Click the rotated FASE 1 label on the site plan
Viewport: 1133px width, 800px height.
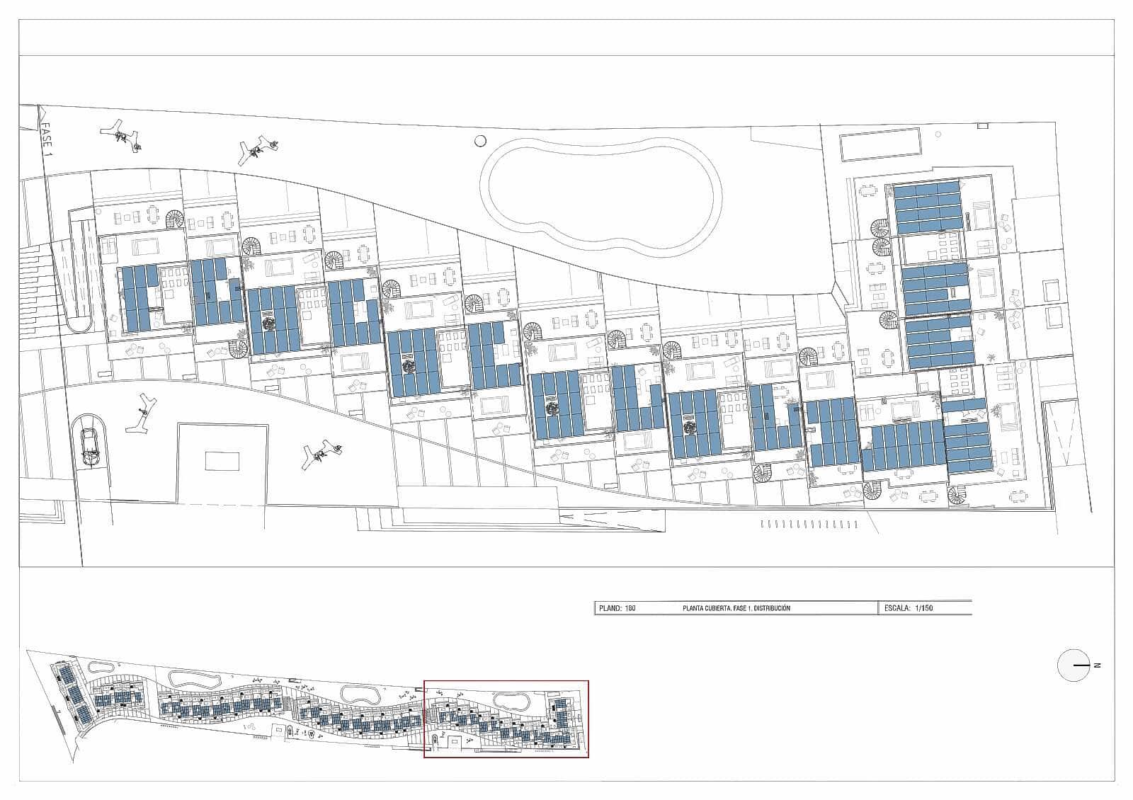point(47,139)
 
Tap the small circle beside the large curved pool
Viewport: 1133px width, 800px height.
point(481,141)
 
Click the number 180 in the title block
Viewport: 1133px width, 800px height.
point(630,608)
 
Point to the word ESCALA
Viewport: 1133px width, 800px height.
point(896,608)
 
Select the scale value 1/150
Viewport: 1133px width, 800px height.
point(924,608)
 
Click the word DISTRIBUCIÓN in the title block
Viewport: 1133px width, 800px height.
point(772,608)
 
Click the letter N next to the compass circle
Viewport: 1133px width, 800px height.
point(1098,665)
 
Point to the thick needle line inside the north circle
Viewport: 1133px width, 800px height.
point(1081,665)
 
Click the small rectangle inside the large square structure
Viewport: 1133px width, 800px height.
point(222,461)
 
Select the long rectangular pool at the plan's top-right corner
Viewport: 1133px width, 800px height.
point(880,144)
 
